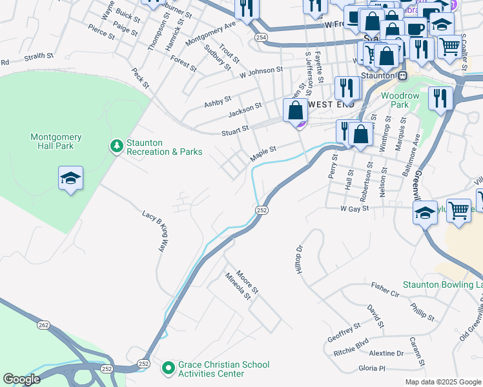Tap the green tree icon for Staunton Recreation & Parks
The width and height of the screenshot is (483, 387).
pos(116,147)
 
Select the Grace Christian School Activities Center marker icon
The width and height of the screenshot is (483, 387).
pos(169,368)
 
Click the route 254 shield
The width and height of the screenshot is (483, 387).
pos(260,38)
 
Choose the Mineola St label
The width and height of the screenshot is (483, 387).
pos(238,286)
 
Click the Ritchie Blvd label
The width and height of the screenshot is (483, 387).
pos(351,341)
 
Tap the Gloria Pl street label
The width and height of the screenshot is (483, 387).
pos(371,368)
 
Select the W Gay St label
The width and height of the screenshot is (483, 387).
pos(355,208)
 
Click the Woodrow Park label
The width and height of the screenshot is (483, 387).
pos(400,100)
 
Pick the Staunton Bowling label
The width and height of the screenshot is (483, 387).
pos(442,284)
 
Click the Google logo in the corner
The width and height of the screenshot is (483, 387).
pos(21,379)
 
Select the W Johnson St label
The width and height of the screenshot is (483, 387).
pos(261,72)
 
